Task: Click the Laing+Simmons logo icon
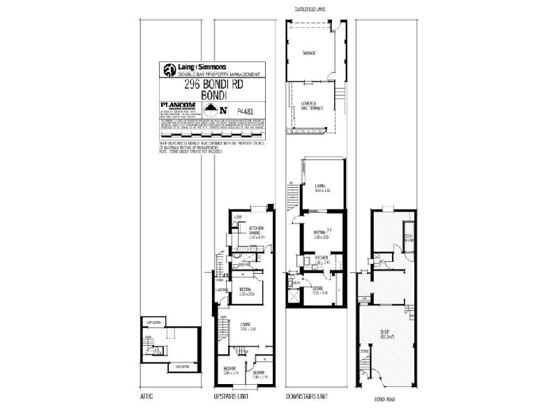(x=169, y=70)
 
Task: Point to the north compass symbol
(x=223, y=110)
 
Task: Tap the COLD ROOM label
(x=409, y=238)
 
